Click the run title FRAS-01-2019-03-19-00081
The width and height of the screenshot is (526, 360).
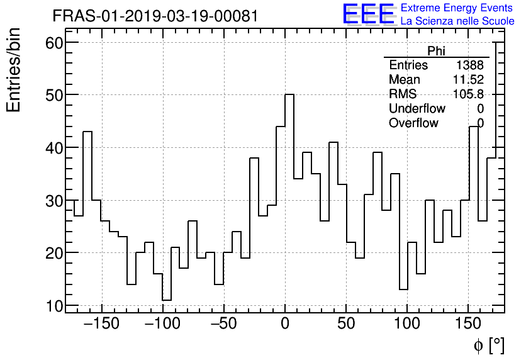click(155, 16)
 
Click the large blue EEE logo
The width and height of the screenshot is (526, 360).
click(368, 14)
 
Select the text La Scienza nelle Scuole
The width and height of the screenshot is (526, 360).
click(457, 21)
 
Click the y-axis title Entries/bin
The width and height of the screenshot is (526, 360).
click(14, 70)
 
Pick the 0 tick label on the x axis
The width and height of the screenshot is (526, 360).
click(285, 324)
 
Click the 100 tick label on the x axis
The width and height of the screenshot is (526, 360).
click(408, 324)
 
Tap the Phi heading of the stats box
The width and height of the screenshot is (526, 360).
click(436, 51)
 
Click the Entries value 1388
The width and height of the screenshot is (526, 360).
click(470, 65)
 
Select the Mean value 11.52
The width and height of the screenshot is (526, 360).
click(468, 80)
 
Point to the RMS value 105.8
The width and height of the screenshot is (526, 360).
click(468, 94)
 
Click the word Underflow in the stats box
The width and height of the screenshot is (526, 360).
click(417, 109)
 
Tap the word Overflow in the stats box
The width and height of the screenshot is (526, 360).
click(413, 123)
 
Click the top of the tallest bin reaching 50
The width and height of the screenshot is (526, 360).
click(289, 94)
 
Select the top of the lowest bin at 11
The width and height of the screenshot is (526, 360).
click(167, 300)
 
